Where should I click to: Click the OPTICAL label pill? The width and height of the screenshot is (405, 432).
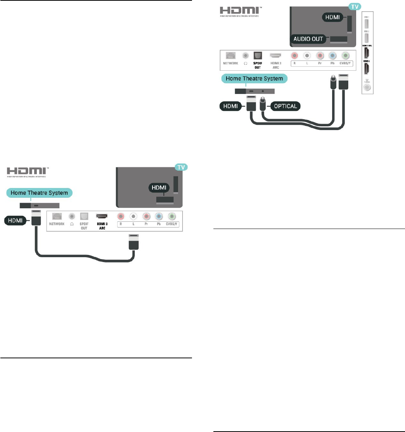285,106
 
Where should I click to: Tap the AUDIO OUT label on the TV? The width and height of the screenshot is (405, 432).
308,38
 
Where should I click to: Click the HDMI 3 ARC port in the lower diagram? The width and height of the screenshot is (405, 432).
102,216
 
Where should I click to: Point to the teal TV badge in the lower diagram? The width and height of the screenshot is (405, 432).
181,167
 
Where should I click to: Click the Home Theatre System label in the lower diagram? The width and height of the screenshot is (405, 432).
39,193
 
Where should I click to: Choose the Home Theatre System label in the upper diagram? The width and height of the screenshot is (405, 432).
254,79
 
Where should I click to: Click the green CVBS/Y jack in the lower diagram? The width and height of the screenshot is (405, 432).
172,216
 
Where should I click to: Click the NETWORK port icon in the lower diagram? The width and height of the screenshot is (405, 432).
57,216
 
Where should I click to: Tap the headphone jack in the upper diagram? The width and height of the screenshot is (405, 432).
245,55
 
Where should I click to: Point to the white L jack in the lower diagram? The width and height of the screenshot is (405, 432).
133,216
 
